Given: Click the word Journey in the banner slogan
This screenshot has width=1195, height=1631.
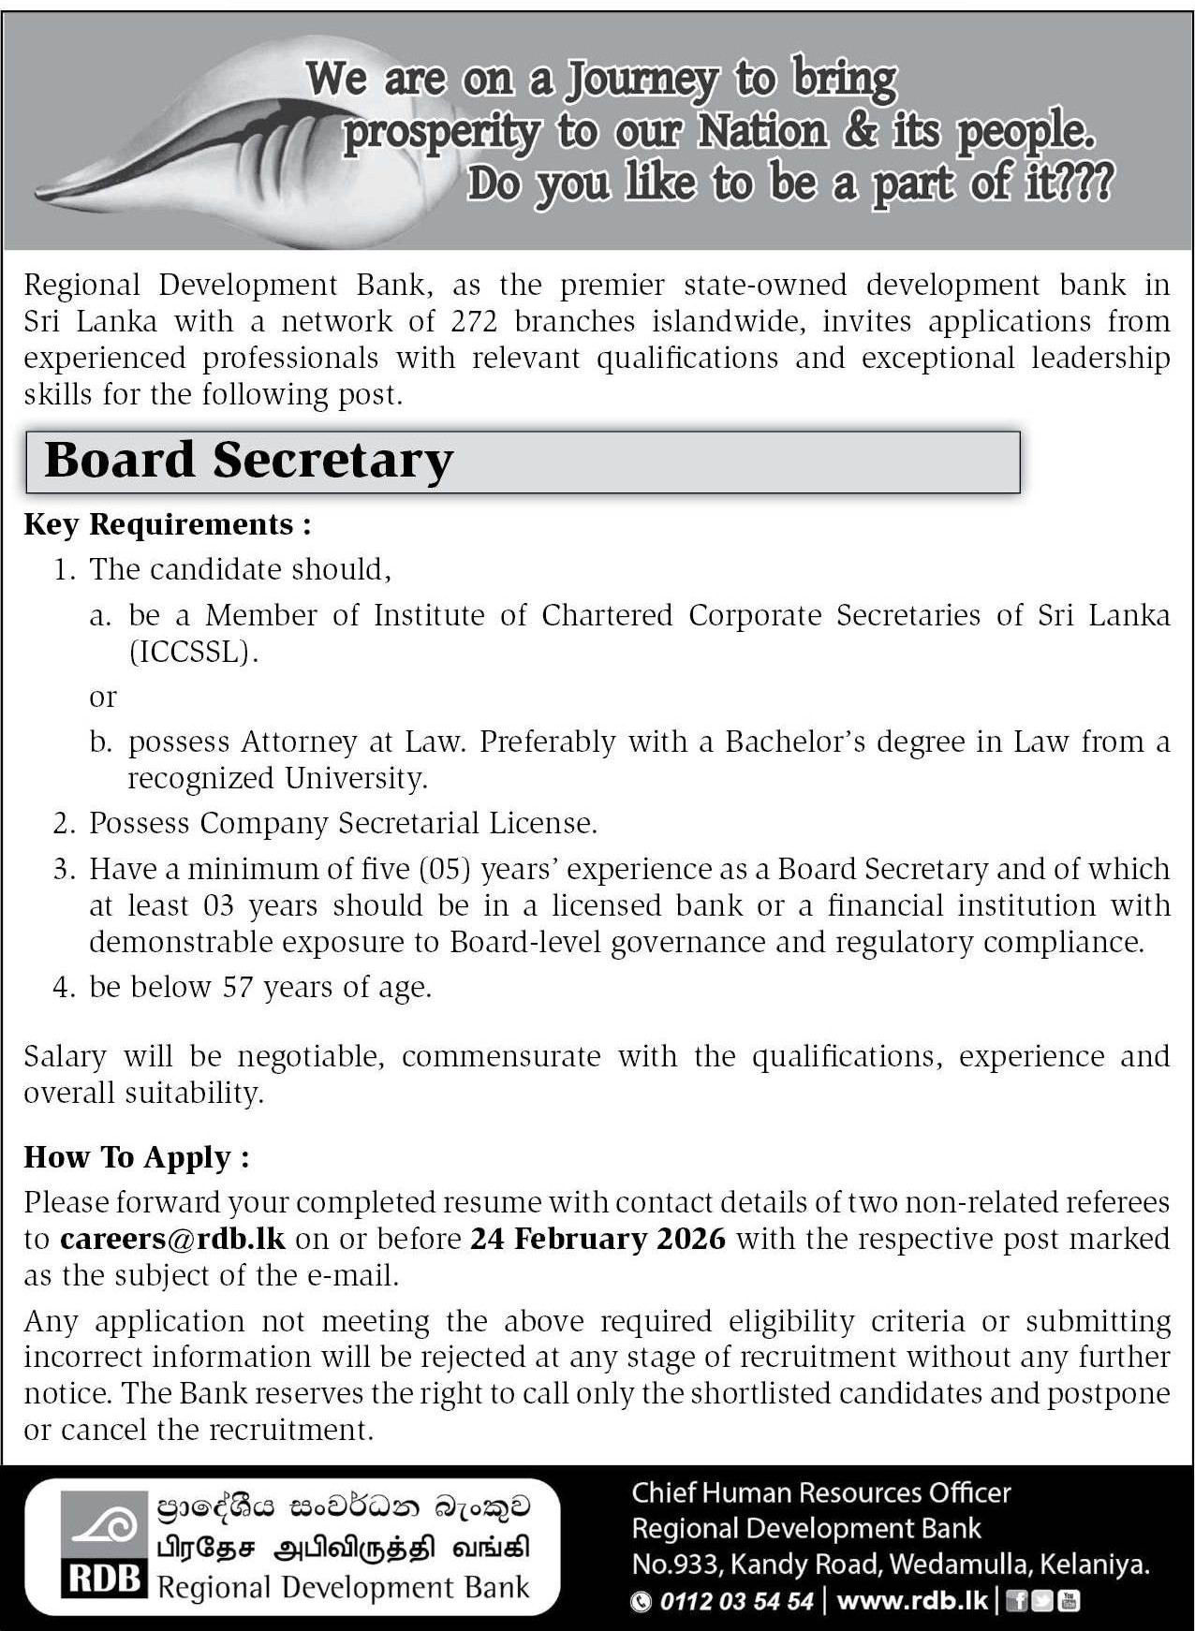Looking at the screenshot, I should pyautogui.click(x=642, y=79).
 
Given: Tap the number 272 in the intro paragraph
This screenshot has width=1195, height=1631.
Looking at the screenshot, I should pyautogui.click(x=473, y=321).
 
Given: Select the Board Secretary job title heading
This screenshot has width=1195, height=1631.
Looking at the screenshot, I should pyautogui.click(x=249, y=461).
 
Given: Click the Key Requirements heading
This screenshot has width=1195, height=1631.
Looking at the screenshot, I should pyautogui.click(x=167, y=524).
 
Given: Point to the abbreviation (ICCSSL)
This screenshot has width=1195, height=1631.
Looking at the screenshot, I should pyautogui.click(x=193, y=653).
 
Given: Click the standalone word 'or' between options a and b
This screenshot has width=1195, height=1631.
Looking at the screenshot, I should pyautogui.click(x=103, y=698).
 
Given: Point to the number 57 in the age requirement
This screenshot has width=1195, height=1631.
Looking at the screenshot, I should pyautogui.click(x=238, y=987).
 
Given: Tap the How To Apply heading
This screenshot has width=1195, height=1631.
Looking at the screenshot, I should pyautogui.click(x=137, y=1157).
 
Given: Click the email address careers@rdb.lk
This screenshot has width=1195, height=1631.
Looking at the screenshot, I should pyautogui.click(x=172, y=1239).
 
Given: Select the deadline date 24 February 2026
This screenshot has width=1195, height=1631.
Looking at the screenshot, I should pyautogui.click(x=597, y=1239).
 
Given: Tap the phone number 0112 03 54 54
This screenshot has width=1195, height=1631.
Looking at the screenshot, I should pyautogui.click(x=736, y=1601).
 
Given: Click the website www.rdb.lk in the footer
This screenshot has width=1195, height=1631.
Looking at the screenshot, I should pyautogui.click(x=911, y=1601).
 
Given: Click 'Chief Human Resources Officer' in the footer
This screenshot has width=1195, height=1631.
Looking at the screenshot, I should pyautogui.click(x=821, y=1492).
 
